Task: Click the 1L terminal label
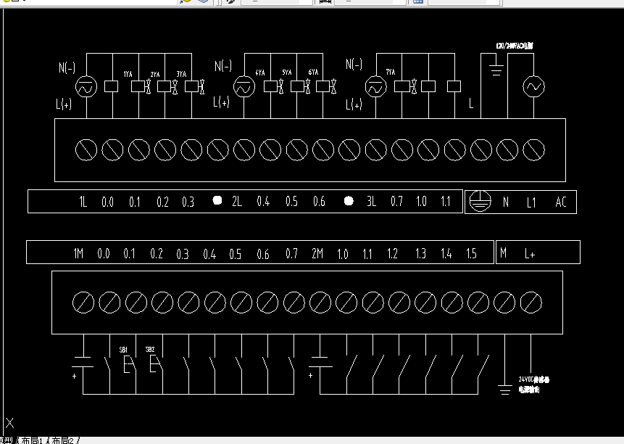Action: click(x=83, y=202)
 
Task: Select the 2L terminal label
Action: click(x=236, y=202)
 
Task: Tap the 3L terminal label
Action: click(x=370, y=202)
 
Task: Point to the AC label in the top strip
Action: click(x=560, y=202)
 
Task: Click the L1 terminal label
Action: click(x=531, y=202)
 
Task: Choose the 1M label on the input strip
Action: click(x=78, y=254)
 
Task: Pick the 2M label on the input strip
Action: click(x=317, y=254)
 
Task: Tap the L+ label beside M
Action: click(x=530, y=254)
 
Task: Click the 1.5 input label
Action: click(x=471, y=254)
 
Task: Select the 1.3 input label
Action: click(x=420, y=254)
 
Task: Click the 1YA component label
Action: click(x=128, y=74)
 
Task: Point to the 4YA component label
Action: click(x=259, y=73)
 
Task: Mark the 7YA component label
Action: click(x=391, y=73)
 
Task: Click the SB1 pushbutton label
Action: click(x=124, y=350)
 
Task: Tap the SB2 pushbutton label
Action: click(x=150, y=350)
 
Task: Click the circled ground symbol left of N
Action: click(x=477, y=202)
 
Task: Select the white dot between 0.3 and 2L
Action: click(x=216, y=201)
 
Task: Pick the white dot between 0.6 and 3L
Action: click(x=348, y=201)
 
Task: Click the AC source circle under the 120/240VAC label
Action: click(x=533, y=87)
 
